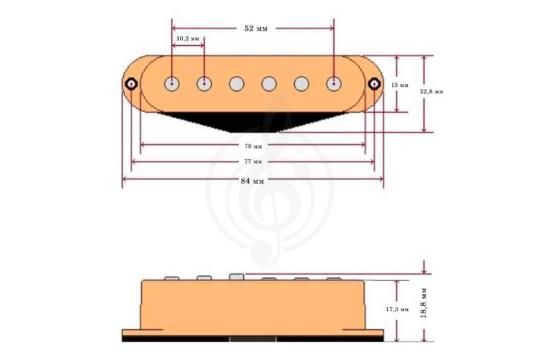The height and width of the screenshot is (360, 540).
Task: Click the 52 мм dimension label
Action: click(x=254, y=29)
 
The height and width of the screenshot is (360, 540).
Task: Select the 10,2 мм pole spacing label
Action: click(x=188, y=38)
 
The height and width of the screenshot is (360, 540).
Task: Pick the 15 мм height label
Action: click(x=402, y=85)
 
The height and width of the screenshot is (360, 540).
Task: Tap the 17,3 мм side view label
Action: click(x=398, y=310)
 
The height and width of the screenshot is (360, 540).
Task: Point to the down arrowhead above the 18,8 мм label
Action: click(x=427, y=271)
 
